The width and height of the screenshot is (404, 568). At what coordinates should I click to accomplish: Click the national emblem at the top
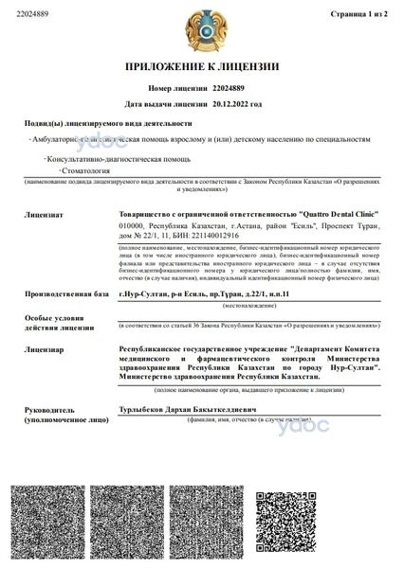201,29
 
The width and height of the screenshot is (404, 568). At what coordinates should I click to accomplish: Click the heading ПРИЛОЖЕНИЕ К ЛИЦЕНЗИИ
201,68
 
